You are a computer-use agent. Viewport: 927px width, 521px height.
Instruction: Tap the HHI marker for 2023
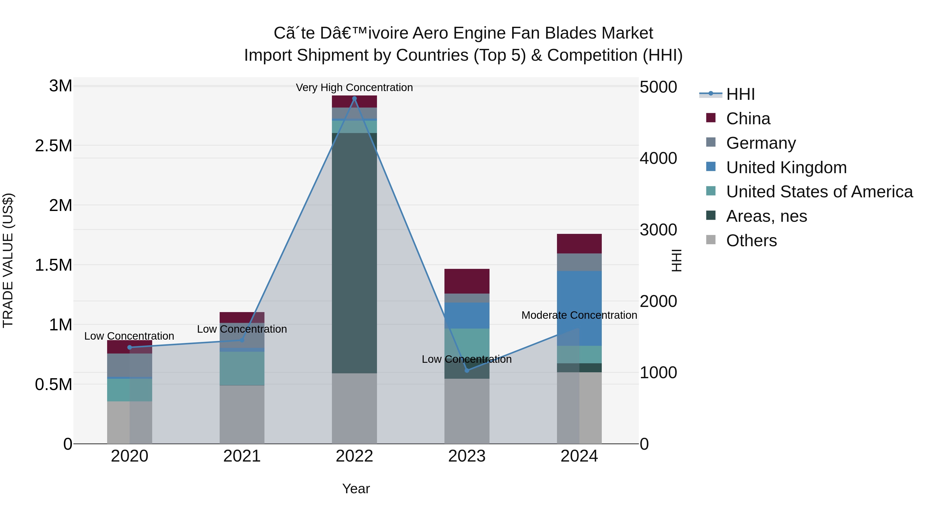467,370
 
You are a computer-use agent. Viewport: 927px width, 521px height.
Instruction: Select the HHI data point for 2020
130,347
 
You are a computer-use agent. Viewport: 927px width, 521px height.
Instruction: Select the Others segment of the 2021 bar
242,414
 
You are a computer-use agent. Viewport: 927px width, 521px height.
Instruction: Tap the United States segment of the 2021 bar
242,368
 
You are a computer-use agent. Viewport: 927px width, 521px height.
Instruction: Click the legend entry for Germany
761,143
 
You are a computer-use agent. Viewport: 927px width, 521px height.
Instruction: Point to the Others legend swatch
711,240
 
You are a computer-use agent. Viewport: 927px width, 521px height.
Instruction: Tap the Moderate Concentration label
579,315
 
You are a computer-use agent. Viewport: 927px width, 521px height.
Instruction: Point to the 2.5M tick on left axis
54,146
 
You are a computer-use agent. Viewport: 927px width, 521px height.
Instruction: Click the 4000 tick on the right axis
658,158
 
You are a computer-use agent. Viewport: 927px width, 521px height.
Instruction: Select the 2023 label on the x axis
467,456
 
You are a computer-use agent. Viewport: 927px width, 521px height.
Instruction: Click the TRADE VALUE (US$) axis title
8,260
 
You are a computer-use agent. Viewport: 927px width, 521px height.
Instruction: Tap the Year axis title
356,489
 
